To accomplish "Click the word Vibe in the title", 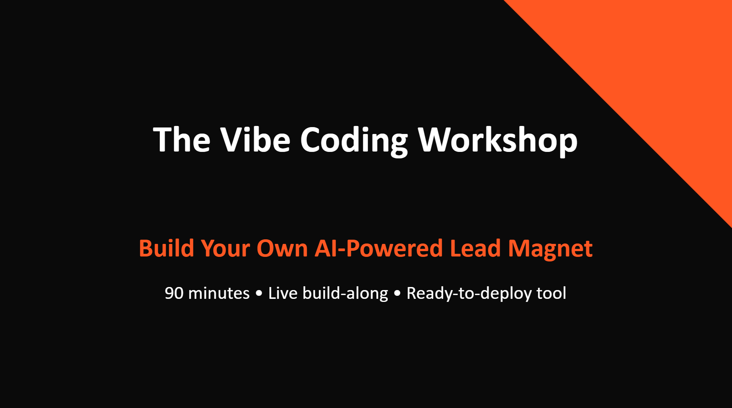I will (x=255, y=140).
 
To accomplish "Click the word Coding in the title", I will (x=354, y=140).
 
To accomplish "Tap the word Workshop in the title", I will (x=497, y=140).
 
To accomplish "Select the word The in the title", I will (x=181, y=140).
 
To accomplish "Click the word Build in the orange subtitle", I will (x=167, y=248).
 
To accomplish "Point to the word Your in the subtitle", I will (x=225, y=248).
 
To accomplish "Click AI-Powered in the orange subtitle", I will (x=378, y=248).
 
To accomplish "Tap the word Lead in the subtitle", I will (x=475, y=248).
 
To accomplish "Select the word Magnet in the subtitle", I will (x=550, y=248).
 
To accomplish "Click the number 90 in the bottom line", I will (x=174, y=293).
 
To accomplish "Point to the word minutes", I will (x=219, y=293).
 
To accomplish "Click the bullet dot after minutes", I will (x=259, y=294).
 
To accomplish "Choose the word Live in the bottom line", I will (x=283, y=293).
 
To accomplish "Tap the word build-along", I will (x=345, y=293).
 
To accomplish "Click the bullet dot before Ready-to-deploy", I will (x=397, y=294).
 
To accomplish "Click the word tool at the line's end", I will (x=551, y=293).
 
